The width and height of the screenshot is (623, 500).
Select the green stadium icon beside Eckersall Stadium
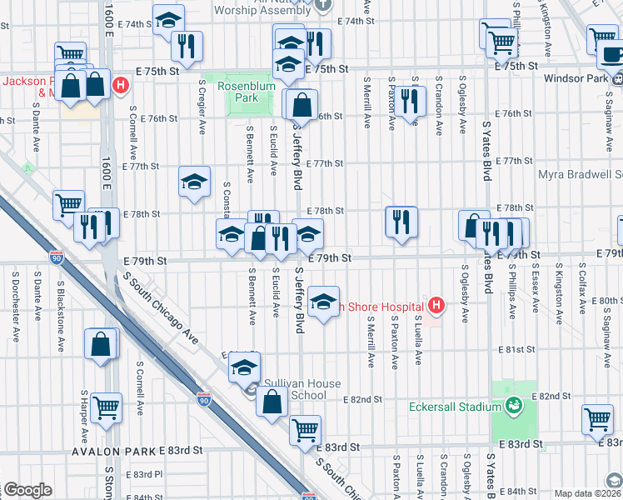pyautogui.click(x=514, y=406)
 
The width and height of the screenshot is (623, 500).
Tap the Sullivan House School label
pyautogui.click(x=296, y=389)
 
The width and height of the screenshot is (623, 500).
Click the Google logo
pyautogui.click(x=27, y=490)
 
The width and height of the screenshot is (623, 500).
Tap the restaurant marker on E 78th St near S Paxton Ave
pyautogui.click(x=401, y=222)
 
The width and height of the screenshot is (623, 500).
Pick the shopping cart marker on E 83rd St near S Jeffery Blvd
pyautogui.click(x=306, y=430)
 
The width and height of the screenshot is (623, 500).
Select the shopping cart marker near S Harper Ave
pyautogui.click(x=107, y=407)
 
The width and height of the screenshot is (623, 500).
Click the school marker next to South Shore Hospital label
pyautogui.click(x=323, y=301)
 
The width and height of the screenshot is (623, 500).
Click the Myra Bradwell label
pyautogui.click(x=580, y=175)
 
